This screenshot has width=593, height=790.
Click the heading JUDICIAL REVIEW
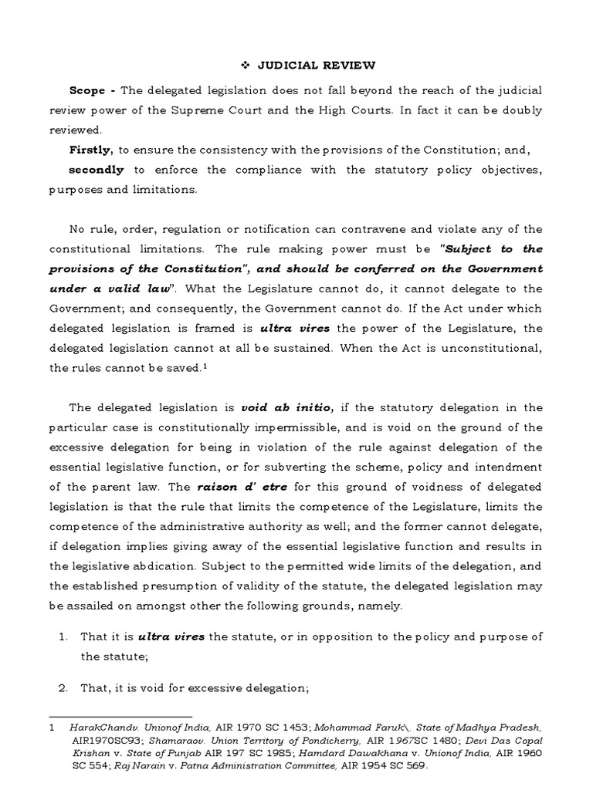click(x=302, y=66)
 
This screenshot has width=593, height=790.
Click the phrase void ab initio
click(x=276, y=407)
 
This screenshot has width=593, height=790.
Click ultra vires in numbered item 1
click(x=167, y=636)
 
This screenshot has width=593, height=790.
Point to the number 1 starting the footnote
click(x=52, y=728)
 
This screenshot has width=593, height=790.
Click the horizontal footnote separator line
click(x=120, y=717)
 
